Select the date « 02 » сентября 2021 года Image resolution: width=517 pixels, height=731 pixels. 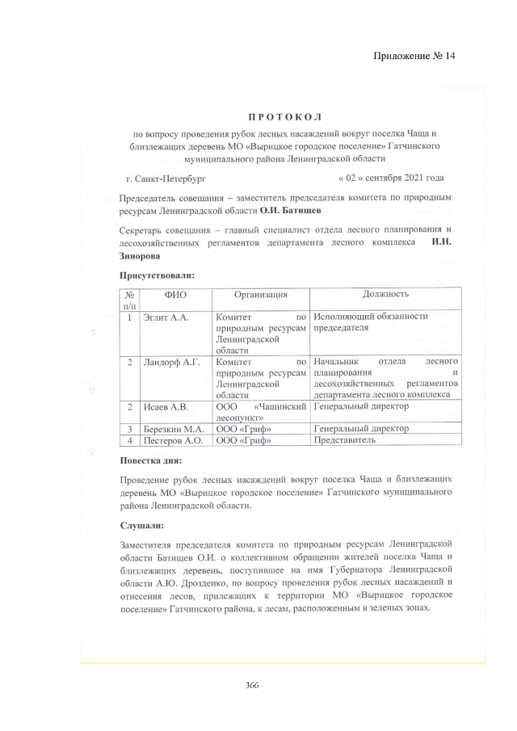click(391, 176)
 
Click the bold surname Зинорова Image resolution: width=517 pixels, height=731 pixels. click(144, 256)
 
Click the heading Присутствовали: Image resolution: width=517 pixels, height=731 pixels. click(157, 275)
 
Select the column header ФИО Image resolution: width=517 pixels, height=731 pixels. click(175, 296)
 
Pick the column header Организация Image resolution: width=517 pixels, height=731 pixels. click(261, 296)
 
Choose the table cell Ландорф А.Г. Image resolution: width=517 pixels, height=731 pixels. click(171, 363)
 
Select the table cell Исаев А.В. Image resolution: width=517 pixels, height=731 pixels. click(166, 407)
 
